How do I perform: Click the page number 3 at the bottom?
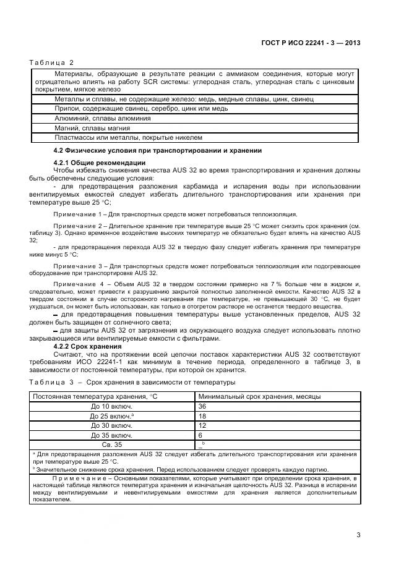pos(358,534)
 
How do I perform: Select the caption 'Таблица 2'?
pos(51,62)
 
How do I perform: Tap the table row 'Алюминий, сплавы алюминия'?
pos(103,117)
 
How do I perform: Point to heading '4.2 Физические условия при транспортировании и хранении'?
pos(158,150)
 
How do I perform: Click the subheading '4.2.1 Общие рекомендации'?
pos(91,163)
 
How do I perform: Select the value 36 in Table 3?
pos(202,407)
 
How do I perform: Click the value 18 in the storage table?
pos(202,416)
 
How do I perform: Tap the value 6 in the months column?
pos(200,435)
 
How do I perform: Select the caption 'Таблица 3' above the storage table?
pos(51,383)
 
